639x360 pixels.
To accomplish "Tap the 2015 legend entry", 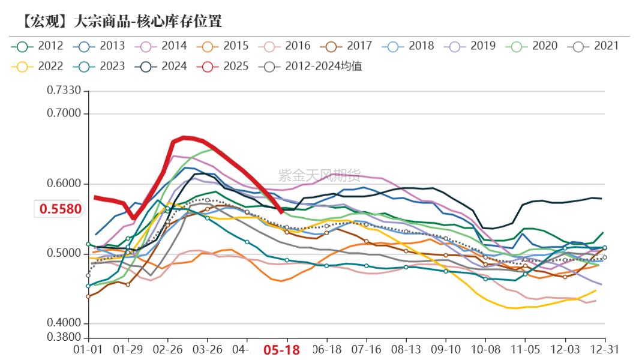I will coord(226,46).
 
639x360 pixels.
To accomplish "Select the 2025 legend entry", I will coord(226,66).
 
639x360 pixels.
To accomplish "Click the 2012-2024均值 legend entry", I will coord(312,66).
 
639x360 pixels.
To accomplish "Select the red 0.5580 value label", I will coord(61,209).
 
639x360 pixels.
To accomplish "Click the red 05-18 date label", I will coord(282,350).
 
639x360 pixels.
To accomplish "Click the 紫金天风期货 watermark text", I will coord(319,175).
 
